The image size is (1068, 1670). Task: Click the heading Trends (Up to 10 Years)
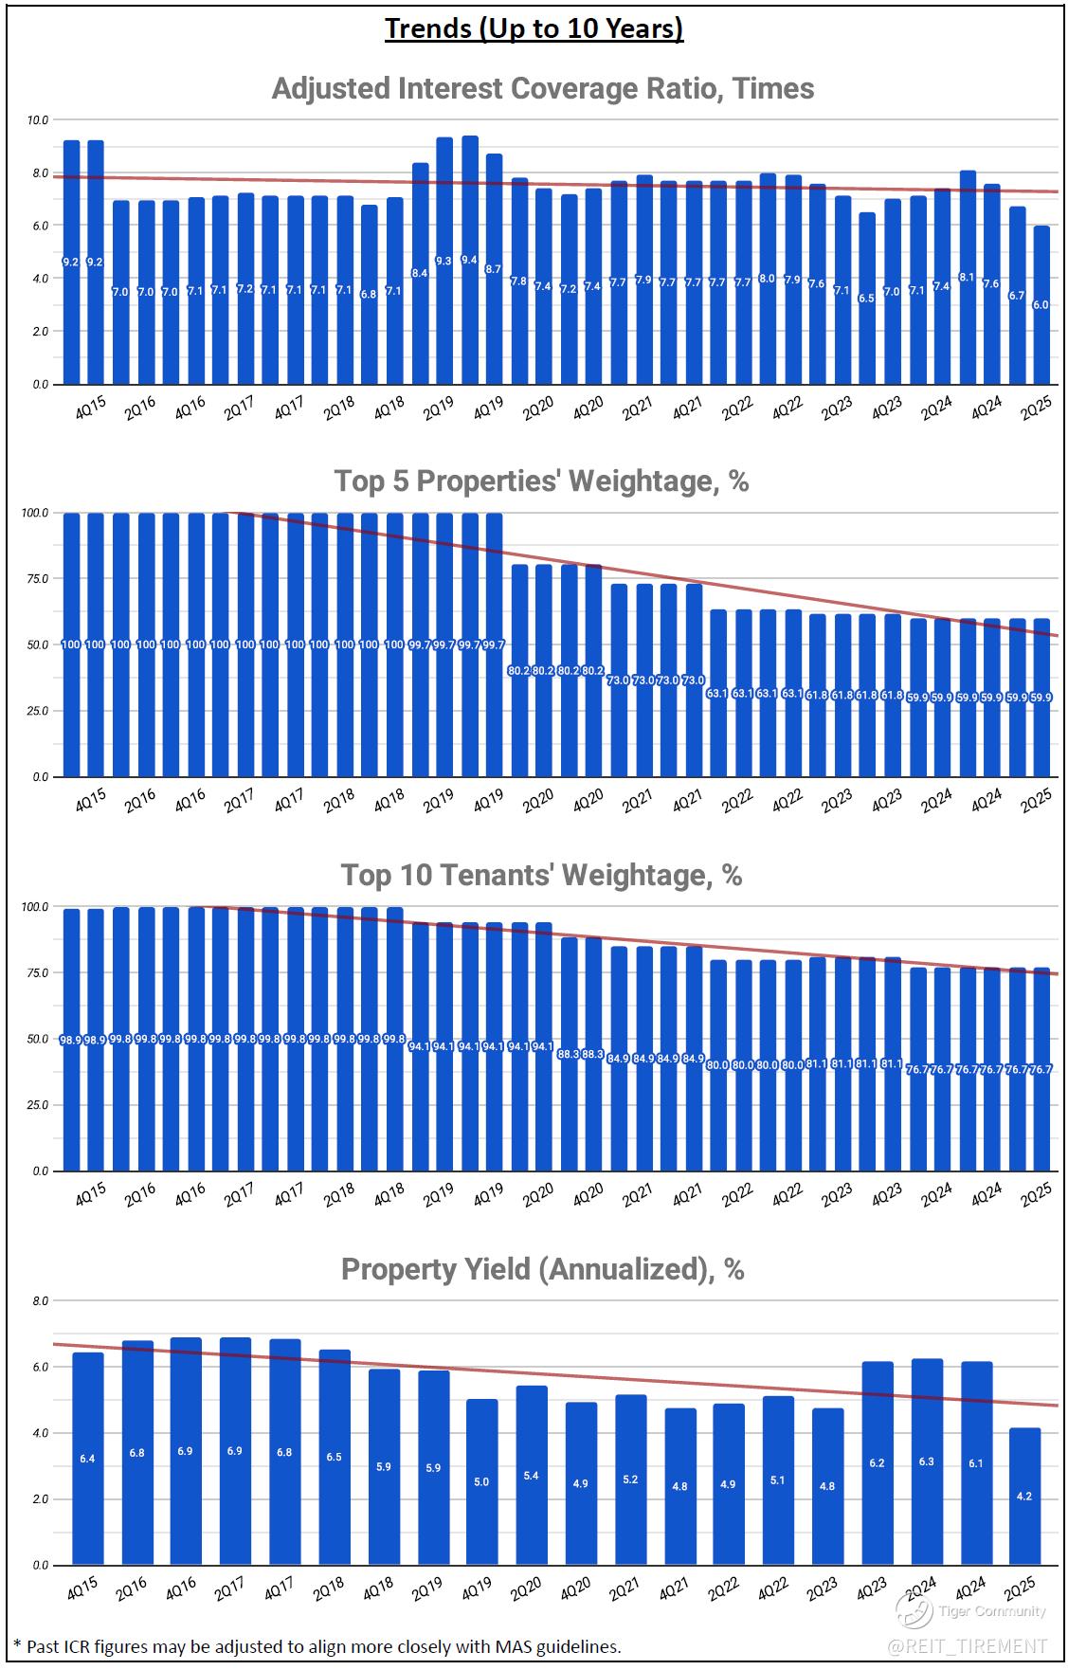534,29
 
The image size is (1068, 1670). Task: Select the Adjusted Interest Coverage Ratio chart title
542,88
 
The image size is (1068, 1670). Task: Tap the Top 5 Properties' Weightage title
541,481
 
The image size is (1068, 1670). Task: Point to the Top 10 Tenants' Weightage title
541,875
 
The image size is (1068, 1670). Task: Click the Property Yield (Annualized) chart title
542,1268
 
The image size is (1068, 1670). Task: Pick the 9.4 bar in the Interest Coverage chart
469,261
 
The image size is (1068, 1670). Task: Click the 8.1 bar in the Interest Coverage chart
968,277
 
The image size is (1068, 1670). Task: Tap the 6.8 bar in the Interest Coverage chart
369,294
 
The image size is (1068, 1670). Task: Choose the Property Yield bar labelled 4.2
1024,1496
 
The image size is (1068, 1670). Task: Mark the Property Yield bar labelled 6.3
926,1461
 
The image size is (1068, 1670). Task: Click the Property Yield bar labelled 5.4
531,1475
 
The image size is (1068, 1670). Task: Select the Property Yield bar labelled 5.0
481,1481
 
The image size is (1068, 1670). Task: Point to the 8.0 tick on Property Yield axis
40,1301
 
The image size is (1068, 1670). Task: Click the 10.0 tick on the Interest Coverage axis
39,120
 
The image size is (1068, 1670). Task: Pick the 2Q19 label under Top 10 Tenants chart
438,1196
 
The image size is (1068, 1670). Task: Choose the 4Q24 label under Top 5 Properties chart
987,802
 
